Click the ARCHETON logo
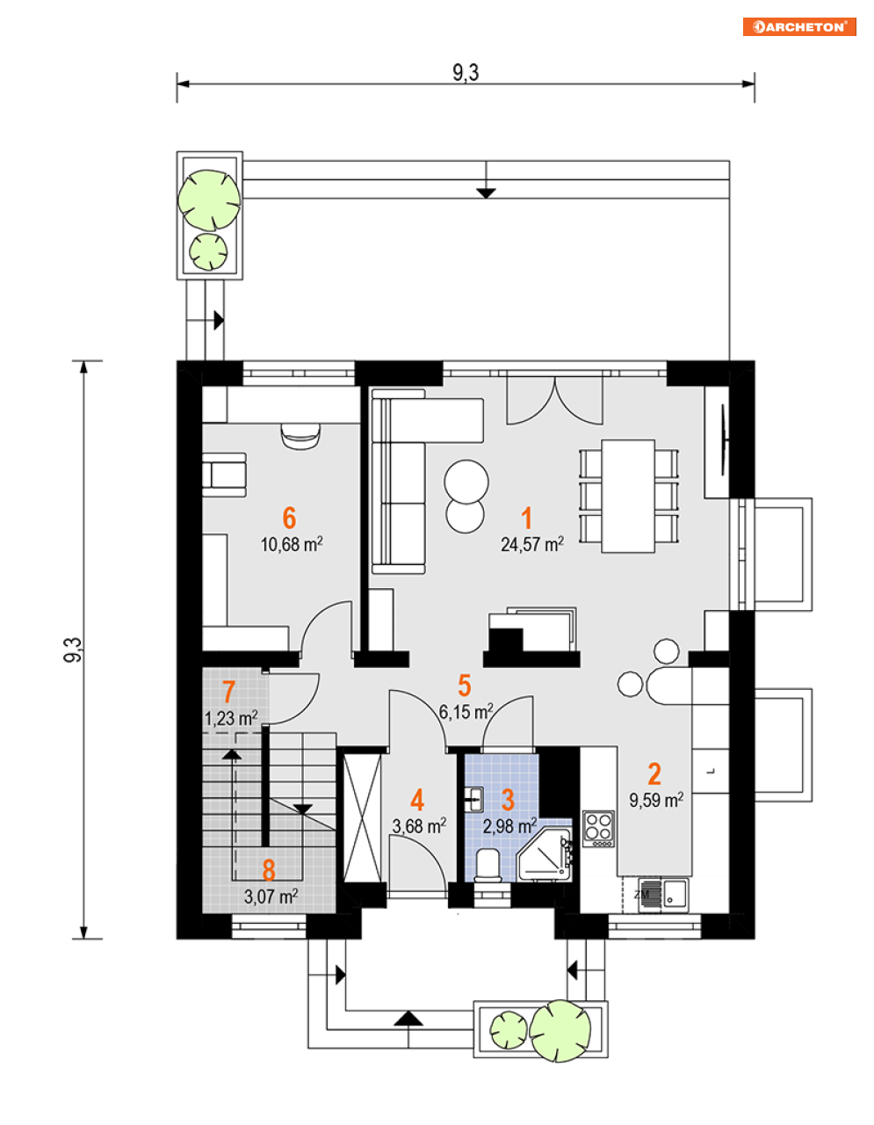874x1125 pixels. click(799, 27)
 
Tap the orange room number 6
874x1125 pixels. click(289, 518)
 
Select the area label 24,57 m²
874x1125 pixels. click(531, 543)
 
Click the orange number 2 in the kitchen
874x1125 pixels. click(654, 774)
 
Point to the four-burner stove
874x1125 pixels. click(598, 829)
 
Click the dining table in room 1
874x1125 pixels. click(628, 496)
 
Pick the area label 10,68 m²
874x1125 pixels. click(292, 544)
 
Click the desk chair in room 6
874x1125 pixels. click(300, 436)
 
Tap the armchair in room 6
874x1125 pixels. click(224, 475)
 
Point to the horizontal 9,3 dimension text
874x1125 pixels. click(466, 72)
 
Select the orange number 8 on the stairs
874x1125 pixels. click(269, 870)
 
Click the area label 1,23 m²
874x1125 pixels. click(231, 718)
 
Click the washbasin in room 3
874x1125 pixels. click(473, 798)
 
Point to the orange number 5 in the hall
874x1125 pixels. click(465, 686)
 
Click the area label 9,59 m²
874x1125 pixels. click(656, 800)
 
